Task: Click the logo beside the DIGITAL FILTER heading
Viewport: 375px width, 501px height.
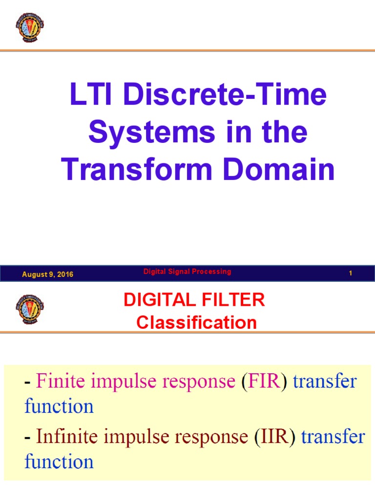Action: point(29,309)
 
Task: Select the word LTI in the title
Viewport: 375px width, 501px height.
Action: point(92,95)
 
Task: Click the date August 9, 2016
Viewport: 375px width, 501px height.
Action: point(47,274)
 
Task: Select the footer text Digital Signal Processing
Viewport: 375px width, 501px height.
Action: point(187,272)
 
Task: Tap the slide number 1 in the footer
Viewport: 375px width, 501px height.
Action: point(351,274)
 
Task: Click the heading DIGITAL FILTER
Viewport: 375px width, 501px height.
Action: point(194,300)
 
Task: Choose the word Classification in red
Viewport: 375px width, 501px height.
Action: point(196,322)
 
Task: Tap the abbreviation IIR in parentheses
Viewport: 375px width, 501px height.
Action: point(275,437)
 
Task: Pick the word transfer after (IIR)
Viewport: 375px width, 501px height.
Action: point(333,437)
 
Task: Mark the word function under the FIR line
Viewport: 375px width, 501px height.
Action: point(59,406)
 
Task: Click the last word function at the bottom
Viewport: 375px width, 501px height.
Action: point(59,461)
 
